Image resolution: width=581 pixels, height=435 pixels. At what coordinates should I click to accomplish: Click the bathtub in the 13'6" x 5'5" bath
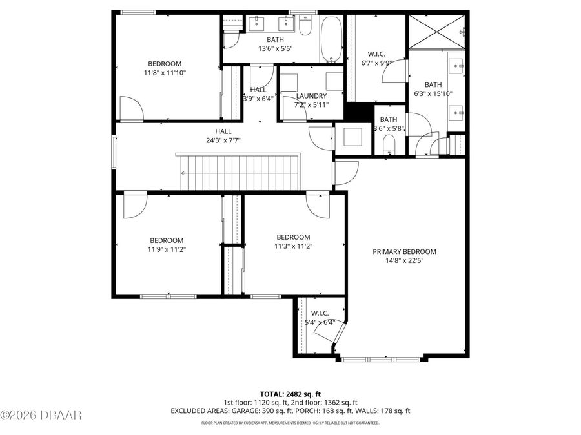pos(332,39)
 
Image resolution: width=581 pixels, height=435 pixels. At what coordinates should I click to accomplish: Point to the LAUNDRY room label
pos(311,96)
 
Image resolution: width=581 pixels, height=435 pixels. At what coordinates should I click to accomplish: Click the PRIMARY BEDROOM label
pos(404,252)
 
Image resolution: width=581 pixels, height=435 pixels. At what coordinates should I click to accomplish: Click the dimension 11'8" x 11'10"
pos(165,73)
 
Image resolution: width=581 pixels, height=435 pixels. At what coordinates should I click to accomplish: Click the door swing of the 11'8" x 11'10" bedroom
pos(130,108)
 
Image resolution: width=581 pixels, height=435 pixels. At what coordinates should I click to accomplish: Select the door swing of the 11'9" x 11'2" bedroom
pos(136,205)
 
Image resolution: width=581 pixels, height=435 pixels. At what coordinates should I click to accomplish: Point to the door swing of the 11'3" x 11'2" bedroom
pos(318,205)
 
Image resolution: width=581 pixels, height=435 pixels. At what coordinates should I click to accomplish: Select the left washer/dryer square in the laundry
pos(289,82)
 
